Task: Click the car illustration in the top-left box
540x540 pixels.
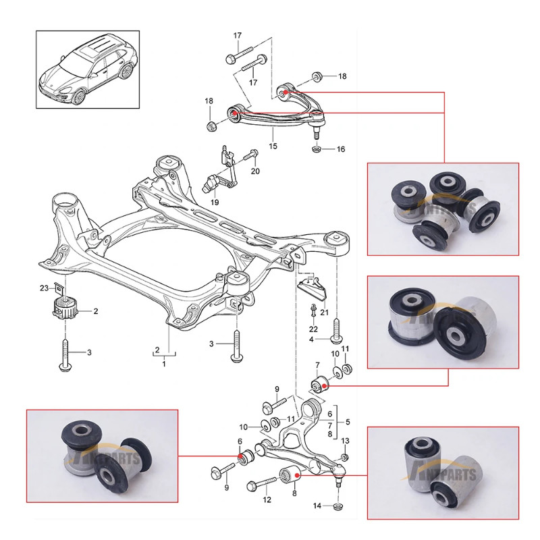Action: pos(88,69)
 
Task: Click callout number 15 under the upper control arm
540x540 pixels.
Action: pos(273,146)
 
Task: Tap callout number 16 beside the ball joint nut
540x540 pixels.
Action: pos(340,148)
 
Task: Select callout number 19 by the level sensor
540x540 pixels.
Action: pos(215,202)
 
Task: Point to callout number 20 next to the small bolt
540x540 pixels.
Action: pos(255,171)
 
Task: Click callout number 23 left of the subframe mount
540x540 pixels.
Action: pos(44,288)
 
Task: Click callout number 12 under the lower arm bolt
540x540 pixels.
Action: pos(267,500)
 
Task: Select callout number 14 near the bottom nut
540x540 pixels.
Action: pos(317,506)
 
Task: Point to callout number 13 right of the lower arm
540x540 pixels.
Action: pos(345,441)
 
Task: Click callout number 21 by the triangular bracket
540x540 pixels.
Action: pos(324,313)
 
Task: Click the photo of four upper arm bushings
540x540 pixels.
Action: pos(443,209)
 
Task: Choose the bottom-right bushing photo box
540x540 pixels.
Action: pos(443,473)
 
